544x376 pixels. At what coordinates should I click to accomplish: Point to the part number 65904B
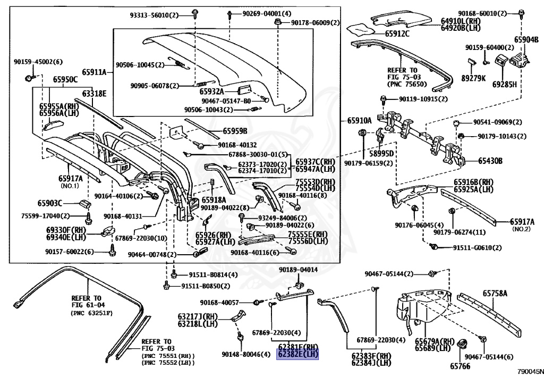525,39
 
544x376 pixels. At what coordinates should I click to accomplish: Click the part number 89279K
473,78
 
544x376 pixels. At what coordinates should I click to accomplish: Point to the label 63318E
94,94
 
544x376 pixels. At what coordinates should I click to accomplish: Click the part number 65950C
65,80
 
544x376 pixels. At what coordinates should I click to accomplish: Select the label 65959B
235,130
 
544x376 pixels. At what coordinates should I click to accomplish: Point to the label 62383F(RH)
371,356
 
